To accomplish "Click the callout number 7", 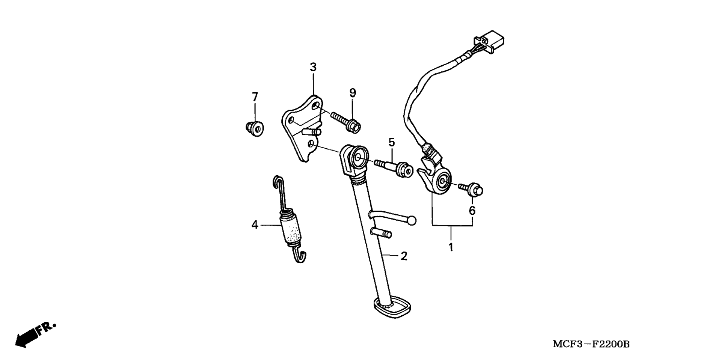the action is tap(255, 97).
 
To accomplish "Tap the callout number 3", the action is tap(313, 67).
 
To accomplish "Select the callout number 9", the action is tap(353, 92).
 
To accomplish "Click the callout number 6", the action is tap(472, 211).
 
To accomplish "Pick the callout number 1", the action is tap(451, 247).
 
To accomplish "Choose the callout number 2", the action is tap(404, 256).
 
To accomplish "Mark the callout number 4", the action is tap(255, 225).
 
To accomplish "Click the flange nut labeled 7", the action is tap(255, 129).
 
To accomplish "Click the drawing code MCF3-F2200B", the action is tap(591, 344).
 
